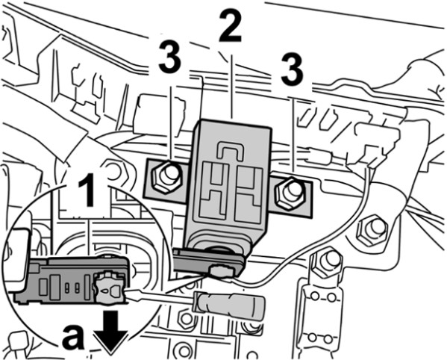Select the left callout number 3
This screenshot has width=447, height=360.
tap(169, 58)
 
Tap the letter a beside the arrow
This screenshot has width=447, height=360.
tap(73, 338)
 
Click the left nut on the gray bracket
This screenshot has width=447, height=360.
tap(166, 177)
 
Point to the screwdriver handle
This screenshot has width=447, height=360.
tap(228, 305)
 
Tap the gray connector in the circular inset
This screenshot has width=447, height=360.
tap(70, 280)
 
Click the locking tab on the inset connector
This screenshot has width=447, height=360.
tap(110, 288)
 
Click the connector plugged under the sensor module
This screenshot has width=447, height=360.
tap(209, 263)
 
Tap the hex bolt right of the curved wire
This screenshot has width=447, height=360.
tap(372, 229)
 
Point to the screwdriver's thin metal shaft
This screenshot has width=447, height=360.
tap(160, 295)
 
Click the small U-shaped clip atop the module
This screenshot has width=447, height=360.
tap(230, 149)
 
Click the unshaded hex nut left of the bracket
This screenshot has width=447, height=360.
tap(115, 173)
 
